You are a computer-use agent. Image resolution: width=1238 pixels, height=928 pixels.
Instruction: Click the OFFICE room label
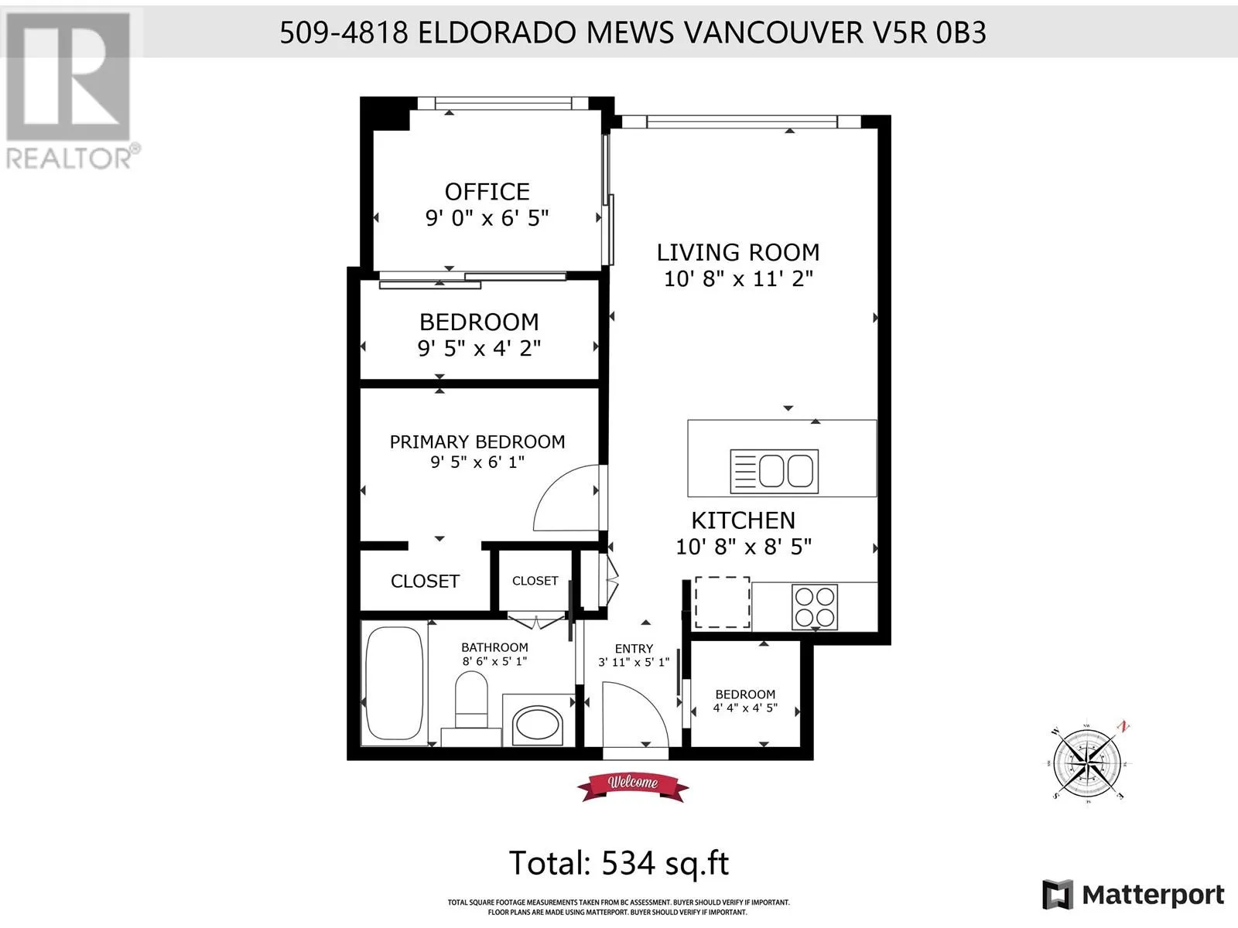click(487, 192)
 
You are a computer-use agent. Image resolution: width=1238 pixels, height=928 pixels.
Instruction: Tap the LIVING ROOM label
click(738, 252)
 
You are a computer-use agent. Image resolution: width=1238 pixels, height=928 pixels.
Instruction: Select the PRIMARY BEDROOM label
click(477, 442)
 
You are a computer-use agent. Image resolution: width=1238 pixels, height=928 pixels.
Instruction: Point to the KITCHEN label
click(744, 520)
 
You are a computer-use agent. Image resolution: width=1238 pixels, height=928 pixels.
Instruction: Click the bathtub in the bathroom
click(395, 682)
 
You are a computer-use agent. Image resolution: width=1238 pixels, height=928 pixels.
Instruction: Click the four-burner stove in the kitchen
click(815, 607)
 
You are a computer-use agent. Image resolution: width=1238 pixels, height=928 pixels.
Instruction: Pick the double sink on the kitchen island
click(775, 471)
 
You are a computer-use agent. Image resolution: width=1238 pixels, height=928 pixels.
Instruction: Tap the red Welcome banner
click(633, 786)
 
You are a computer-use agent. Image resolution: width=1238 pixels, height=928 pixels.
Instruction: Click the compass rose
click(1087, 763)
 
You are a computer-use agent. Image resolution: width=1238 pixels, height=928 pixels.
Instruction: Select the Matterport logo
click(1133, 894)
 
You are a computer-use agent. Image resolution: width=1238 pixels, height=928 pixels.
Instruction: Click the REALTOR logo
click(70, 90)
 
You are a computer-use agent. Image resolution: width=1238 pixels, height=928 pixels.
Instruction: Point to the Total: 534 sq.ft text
click(619, 862)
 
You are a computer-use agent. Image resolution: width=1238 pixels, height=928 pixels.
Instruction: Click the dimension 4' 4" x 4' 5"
click(745, 708)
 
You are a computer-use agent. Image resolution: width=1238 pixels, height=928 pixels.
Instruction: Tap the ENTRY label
click(634, 649)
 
